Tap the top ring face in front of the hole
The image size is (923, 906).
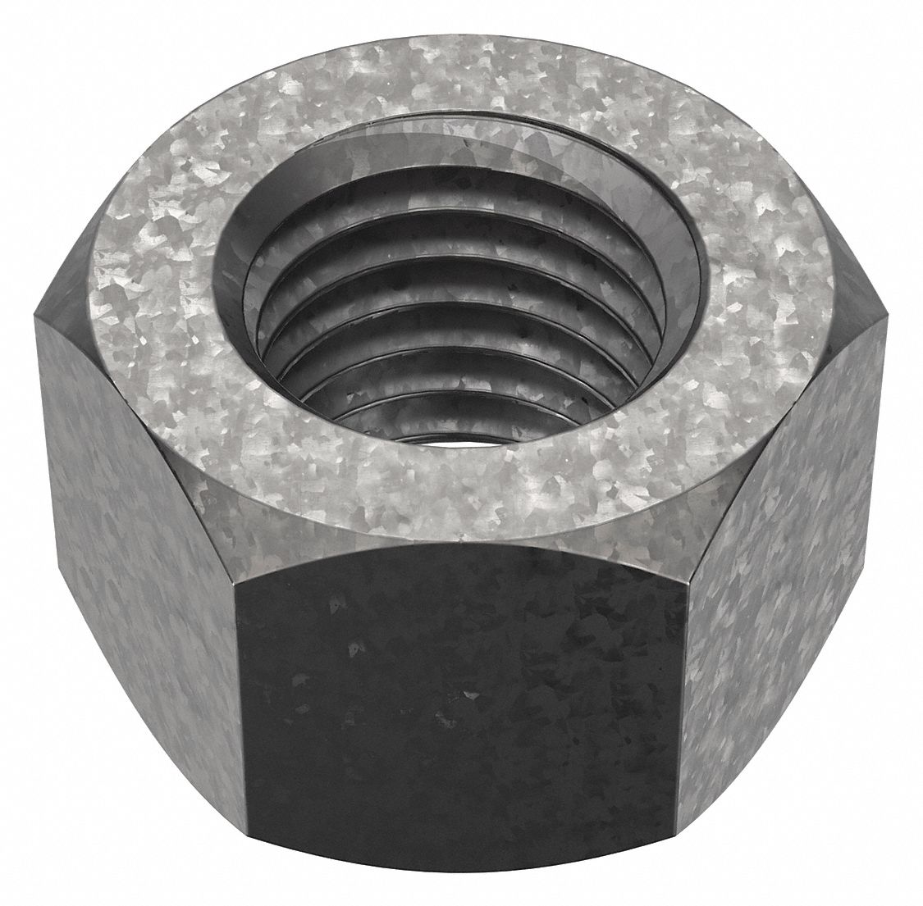pos(459,500)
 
